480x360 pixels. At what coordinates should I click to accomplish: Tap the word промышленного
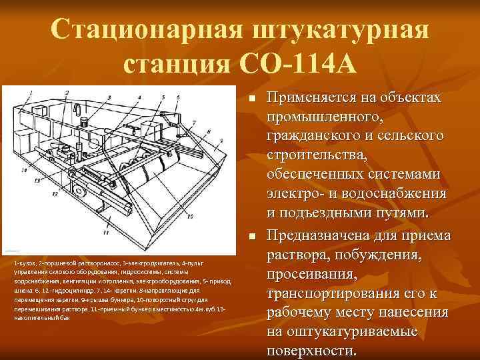(325, 117)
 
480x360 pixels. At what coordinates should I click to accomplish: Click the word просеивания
(311, 275)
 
